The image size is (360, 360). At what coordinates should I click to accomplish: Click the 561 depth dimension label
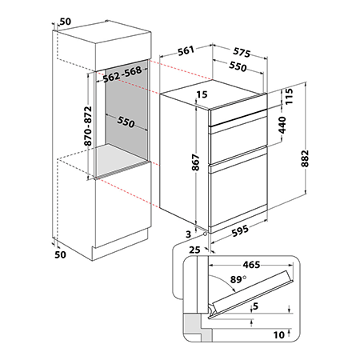[x=186, y=50]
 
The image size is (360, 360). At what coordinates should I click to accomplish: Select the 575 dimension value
[x=242, y=52]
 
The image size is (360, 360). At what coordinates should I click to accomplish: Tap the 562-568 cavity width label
[x=122, y=74]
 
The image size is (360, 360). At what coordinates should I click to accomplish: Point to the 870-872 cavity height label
[x=88, y=126]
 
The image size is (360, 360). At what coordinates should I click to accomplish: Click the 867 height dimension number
[x=195, y=162]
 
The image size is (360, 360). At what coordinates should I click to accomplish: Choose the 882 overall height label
[x=305, y=158]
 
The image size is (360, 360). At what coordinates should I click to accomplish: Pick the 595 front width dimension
[x=240, y=231]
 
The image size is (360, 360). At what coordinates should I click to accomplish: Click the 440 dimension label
[x=282, y=125]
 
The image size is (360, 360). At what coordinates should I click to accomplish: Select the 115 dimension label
[x=289, y=96]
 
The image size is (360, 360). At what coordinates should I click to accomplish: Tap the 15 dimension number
[x=202, y=94]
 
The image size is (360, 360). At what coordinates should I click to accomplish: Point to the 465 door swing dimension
[x=251, y=265]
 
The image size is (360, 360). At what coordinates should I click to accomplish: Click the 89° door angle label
[x=238, y=279]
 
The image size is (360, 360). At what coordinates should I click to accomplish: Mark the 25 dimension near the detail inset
[x=194, y=250]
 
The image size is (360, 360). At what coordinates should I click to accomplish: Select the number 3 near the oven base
[x=189, y=234]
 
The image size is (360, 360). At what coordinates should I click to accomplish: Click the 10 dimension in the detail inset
[x=279, y=335]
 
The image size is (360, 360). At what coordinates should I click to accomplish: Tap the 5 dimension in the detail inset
[x=256, y=306]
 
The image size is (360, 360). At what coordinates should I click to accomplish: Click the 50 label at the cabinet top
[x=66, y=22]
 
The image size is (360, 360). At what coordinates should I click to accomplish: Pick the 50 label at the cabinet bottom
[x=60, y=254]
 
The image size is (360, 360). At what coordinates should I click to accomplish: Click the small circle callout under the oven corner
[x=205, y=234]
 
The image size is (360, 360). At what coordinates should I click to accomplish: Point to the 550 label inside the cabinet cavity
[x=126, y=122]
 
